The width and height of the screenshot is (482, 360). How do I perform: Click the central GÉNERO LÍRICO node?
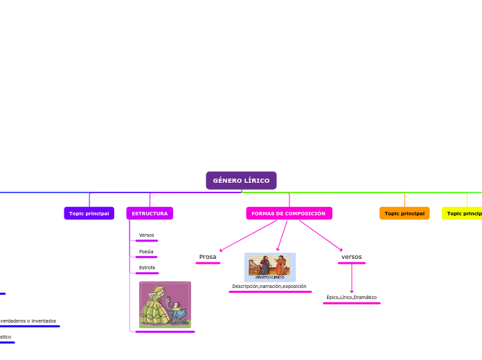[241, 181]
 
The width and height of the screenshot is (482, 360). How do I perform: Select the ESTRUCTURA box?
[150, 213]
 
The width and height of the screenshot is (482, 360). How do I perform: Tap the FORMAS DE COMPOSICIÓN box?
[289, 213]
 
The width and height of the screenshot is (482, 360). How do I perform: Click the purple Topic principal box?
[89, 213]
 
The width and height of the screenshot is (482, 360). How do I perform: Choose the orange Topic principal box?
[404, 213]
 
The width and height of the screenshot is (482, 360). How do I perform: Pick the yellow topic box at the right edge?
[463, 213]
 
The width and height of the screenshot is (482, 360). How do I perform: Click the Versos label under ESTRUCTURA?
[146, 235]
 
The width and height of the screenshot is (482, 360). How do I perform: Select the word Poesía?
[146, 252]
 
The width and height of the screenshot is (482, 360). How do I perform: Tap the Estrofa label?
[147, 267]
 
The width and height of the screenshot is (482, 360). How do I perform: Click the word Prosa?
[208, 257]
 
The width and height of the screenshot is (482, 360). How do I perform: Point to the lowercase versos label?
[351, 257]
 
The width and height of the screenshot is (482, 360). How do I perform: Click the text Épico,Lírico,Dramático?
[351, 298]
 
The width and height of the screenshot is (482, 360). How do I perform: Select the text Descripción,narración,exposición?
[269, 286]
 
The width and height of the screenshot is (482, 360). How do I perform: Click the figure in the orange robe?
[282, 265]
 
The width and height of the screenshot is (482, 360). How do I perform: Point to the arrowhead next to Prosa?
[221, 250]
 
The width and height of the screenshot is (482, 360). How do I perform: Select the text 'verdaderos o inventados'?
[28, 321]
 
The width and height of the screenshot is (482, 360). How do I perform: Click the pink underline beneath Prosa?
[208, 263]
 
